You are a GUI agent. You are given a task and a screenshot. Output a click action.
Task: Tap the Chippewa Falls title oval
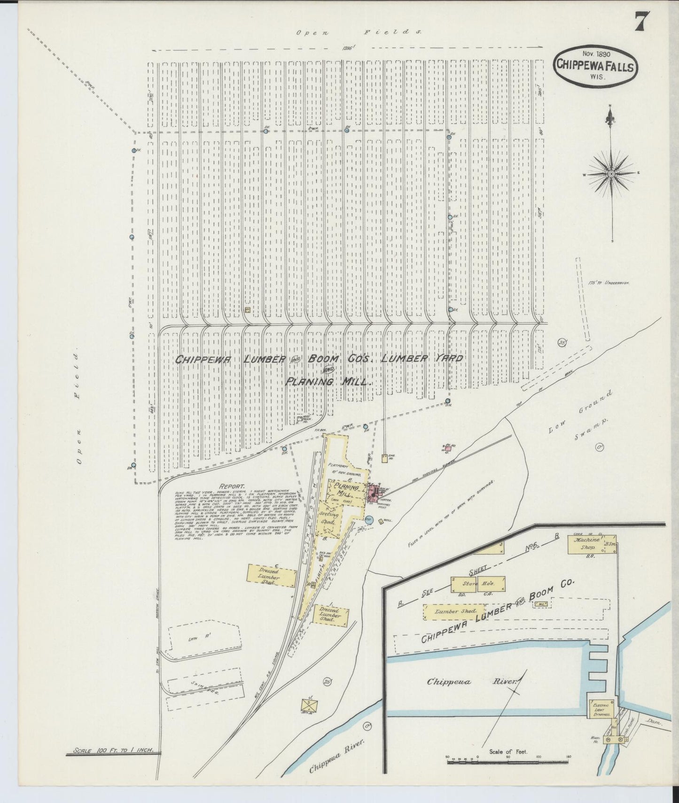tap(595, 67)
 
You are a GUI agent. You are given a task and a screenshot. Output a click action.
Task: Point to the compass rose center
tap(611, 174)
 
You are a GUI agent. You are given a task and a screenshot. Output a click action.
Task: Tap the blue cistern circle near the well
tap(369, 520)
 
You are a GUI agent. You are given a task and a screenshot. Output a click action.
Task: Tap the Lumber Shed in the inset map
tap(450, 612)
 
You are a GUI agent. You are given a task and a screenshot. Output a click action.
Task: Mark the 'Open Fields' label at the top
tap(359, 32)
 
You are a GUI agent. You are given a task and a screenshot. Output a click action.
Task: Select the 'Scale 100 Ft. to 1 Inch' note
tap(113, 752)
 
